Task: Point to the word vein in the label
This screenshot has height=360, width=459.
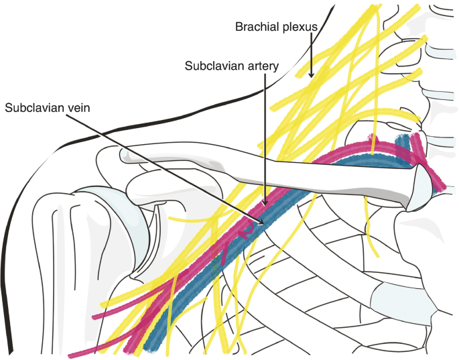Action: (x=79, y=108)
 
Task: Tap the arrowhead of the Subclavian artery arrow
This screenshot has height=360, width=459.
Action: (x=265, y=202)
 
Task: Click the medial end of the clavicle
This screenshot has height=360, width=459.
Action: (x=421, y=188)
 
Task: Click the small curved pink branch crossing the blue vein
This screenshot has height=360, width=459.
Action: (x=246, y=231)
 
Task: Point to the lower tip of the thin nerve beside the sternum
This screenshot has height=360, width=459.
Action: (x=378, y=255)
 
